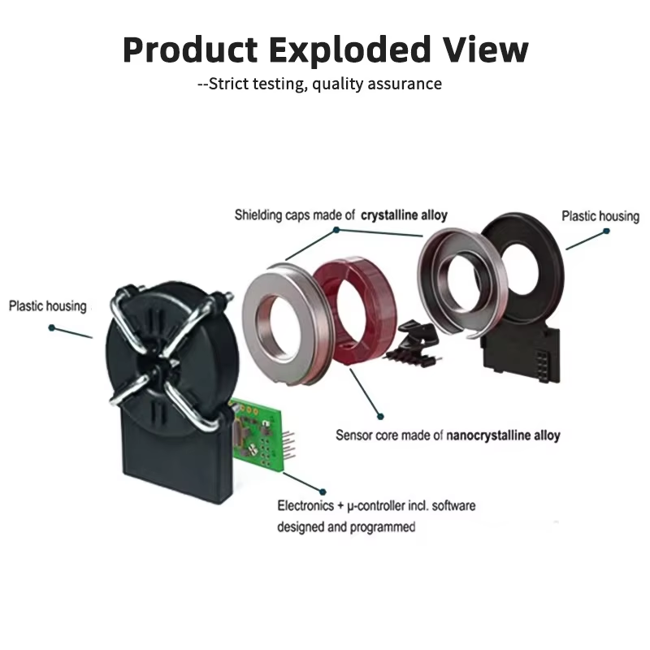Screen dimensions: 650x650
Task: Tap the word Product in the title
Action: (189, 50)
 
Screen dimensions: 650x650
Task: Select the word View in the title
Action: (484, 50)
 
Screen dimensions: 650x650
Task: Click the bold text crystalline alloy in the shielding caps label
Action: (403, 215)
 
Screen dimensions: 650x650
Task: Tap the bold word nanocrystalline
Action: (485, 435)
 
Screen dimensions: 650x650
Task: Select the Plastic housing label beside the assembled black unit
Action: (47, 306)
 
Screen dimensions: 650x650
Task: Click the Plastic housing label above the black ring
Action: (600, 216)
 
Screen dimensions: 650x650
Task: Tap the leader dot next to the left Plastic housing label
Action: (53, 328)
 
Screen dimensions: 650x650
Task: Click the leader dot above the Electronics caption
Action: (323, 492)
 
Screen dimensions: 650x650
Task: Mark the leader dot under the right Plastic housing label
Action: (604, 231)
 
